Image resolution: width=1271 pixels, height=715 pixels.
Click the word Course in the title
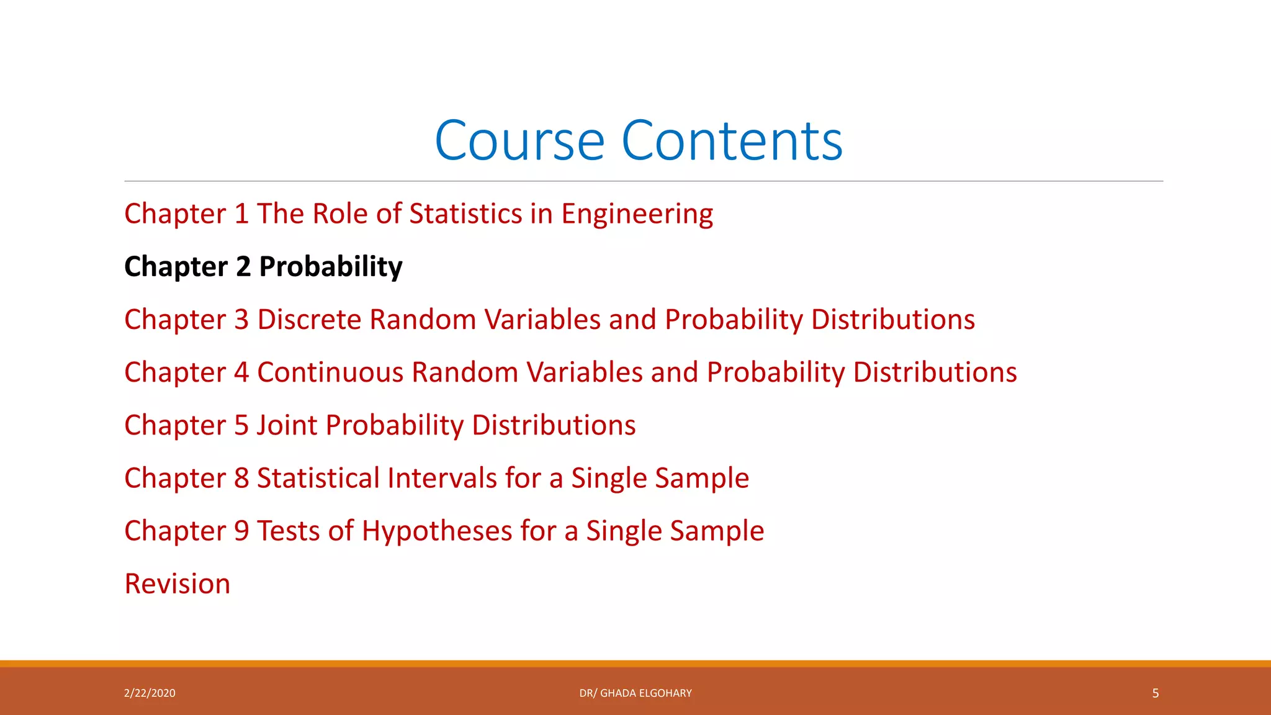519,141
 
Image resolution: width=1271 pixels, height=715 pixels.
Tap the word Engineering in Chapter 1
637,214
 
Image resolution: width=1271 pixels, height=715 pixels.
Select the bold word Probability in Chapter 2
331,267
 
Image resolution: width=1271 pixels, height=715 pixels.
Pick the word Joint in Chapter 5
287,426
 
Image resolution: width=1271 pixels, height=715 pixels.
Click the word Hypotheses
437,531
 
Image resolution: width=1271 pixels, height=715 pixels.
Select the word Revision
177,584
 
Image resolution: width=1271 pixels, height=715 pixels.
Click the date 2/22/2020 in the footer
150,693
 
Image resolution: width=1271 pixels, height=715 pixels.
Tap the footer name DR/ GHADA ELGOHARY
635,693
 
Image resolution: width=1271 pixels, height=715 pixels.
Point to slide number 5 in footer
1155,693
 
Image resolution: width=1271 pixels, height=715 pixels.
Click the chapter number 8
241,479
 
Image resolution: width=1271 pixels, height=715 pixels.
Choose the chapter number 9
241,531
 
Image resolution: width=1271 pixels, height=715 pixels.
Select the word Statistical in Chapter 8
318,479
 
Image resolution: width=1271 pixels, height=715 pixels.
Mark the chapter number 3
241,320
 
